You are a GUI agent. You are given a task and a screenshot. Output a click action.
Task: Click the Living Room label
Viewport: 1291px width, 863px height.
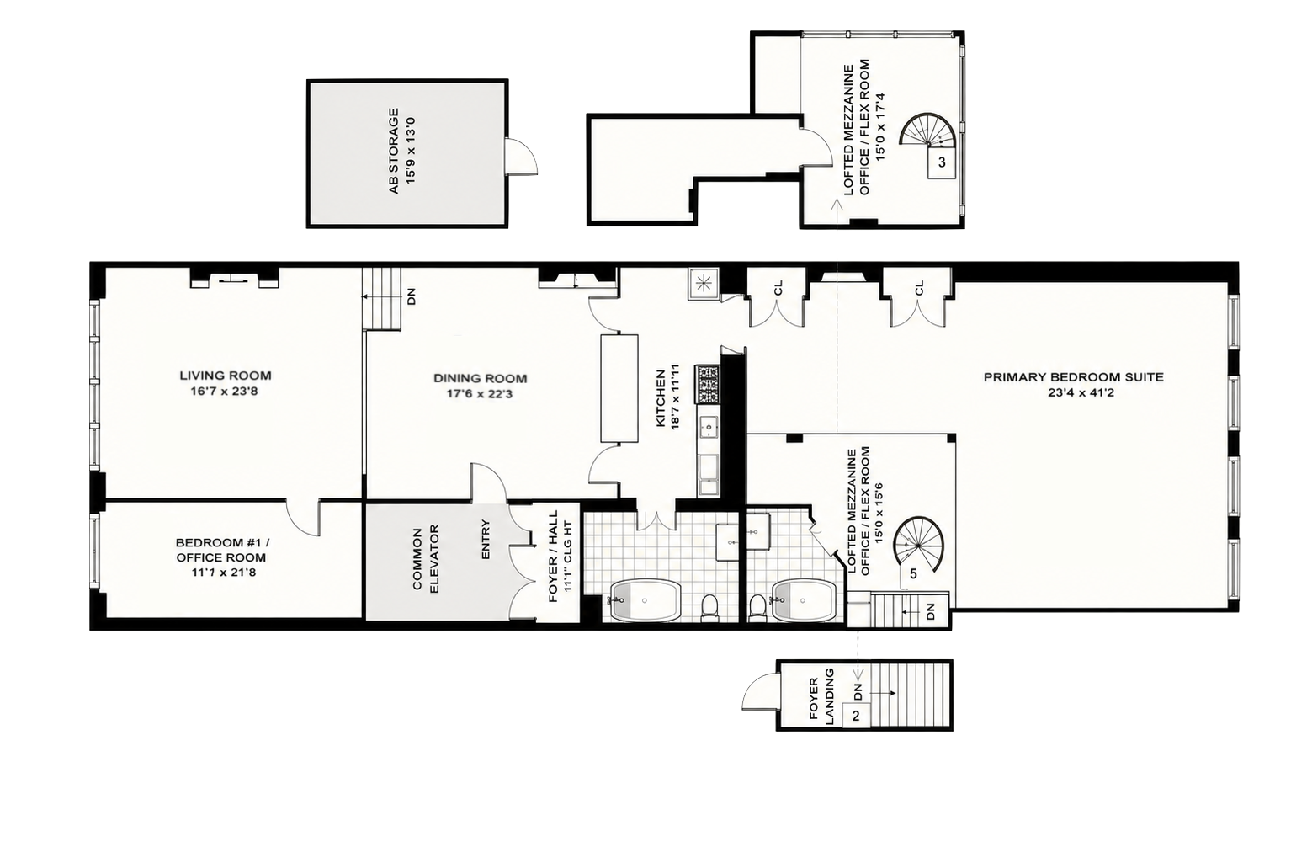click(x=226, y=376)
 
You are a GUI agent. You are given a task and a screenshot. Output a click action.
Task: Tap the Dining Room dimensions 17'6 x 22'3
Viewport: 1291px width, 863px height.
click(x=480, y=394)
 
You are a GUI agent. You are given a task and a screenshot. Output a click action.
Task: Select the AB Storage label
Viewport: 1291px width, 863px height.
click(x=394, y=151)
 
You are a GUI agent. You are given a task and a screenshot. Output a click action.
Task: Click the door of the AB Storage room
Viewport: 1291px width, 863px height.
click(x=520, y=155)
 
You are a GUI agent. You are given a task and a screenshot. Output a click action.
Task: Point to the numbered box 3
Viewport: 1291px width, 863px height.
click(x=942, y=162)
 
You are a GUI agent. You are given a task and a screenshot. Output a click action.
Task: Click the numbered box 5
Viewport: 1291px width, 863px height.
click(x=913, y=573)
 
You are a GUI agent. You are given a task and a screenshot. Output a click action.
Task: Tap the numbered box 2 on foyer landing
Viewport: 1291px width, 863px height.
click(x=856, y=716)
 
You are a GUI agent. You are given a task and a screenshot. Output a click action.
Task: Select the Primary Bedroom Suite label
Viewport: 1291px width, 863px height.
click(x=1074, y=377)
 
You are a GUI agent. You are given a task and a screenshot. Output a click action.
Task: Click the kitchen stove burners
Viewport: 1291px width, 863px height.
click(x=707, y=384)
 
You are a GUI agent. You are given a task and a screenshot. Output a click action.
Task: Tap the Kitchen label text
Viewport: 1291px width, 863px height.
click(x=660, y=398)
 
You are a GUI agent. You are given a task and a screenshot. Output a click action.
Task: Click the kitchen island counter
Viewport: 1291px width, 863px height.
click(x=619, y=388)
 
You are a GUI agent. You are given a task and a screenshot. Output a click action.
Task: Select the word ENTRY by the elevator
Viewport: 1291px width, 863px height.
click(x=485, y=540)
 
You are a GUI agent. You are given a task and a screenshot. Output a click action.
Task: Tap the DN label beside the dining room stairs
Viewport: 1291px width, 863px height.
click(x=412, y=296)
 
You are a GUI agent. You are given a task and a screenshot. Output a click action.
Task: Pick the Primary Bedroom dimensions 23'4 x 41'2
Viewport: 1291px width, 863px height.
click(x=1074, y=393)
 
